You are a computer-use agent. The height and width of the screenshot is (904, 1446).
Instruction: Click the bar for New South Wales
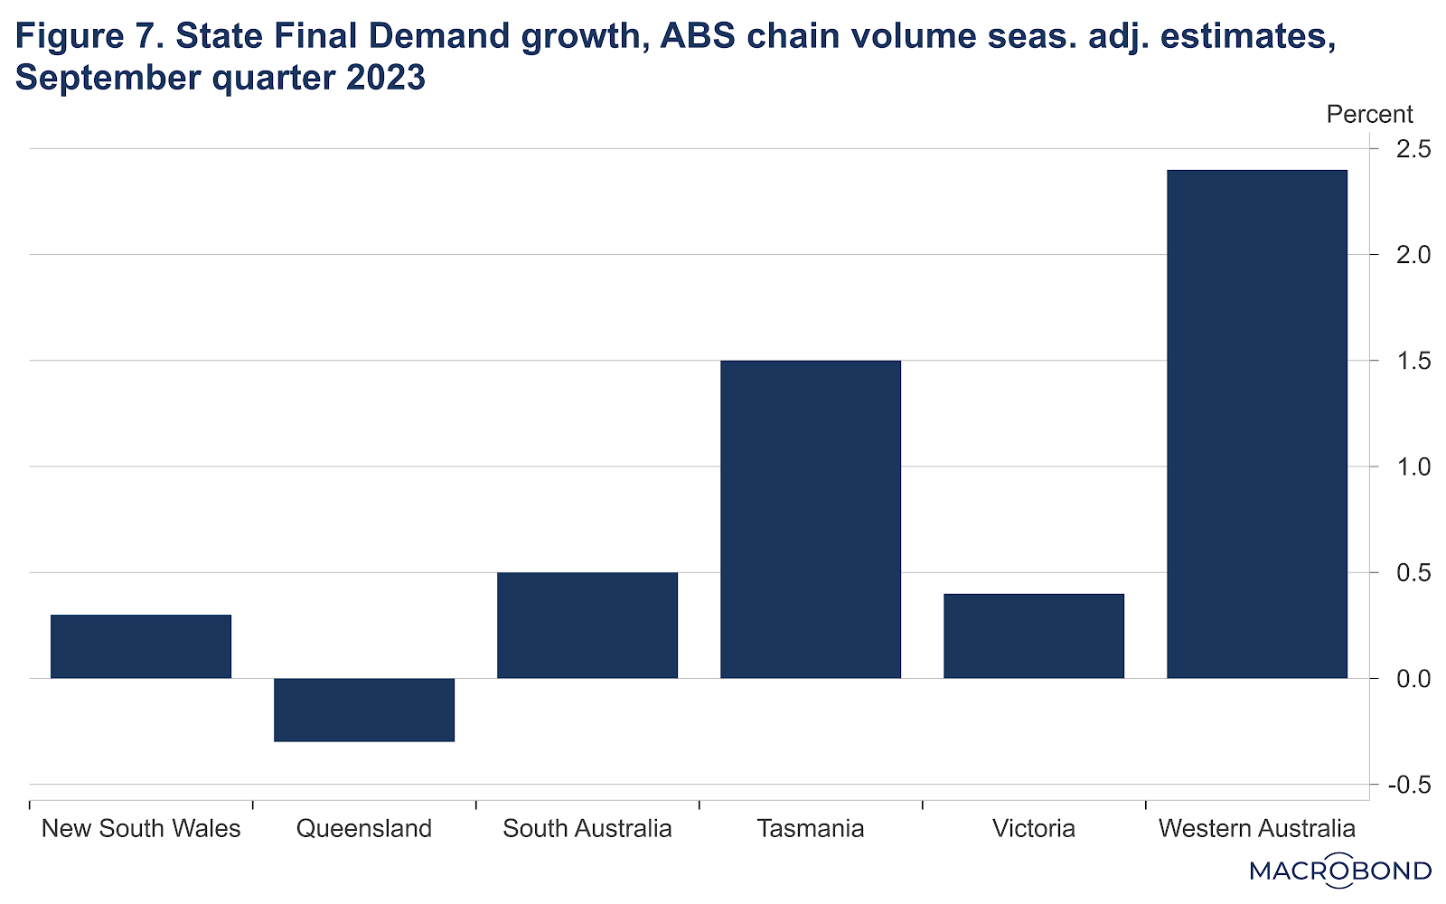141,646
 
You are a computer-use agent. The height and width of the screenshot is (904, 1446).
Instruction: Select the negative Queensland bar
364,710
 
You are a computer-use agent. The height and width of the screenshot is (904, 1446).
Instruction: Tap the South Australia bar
587,625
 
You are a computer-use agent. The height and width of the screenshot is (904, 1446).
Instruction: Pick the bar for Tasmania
811,519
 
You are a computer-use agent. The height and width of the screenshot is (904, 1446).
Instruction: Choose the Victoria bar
1034,636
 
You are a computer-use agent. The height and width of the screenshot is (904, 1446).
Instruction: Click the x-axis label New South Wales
141,828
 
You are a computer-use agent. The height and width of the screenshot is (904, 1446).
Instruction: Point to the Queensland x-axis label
364,828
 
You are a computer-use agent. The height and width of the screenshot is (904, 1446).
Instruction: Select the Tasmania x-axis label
811,828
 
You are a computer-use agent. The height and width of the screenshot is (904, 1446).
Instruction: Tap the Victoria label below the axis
1034,828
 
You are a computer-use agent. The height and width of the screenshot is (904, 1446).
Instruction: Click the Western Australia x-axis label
1257,828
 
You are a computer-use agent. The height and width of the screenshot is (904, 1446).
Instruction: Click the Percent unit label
1369,115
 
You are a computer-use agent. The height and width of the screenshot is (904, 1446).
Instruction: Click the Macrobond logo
1340,871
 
